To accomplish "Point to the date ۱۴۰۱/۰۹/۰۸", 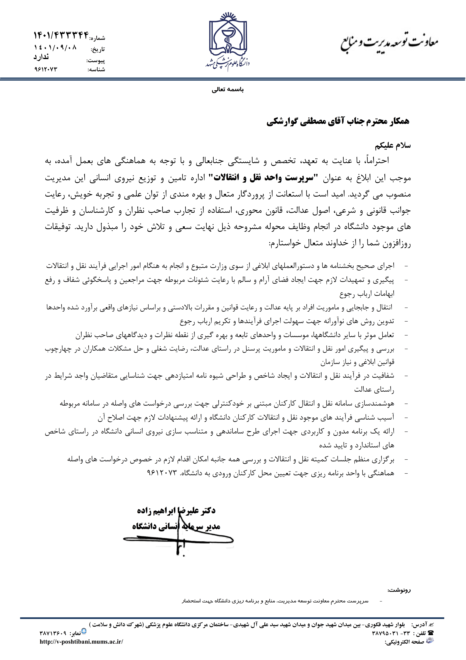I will tap(55, 47).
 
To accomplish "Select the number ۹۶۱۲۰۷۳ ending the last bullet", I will tap(161, 473).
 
